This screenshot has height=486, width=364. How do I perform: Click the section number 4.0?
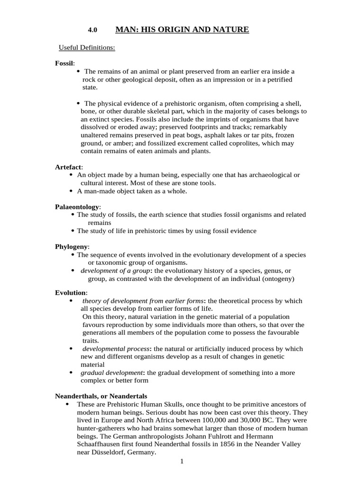pos(92,30)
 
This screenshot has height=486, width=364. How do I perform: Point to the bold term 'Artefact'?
pos(68,167)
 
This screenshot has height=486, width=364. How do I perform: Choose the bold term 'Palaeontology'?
pos(77,207)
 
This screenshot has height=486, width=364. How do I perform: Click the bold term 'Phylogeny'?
pos(72,247)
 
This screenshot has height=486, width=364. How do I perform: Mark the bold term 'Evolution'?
pos(71,292)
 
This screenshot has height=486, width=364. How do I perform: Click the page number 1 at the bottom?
pos(182,461)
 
